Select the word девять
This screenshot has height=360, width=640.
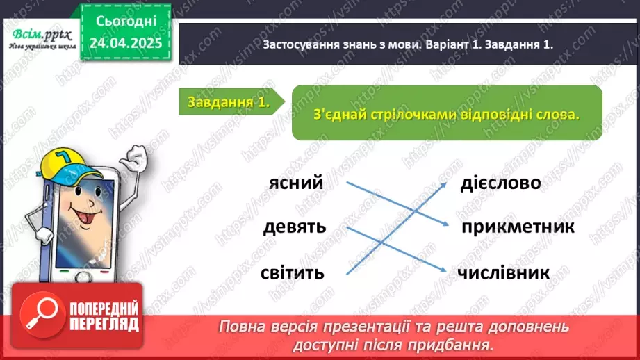pyautogui.click(x=295, y=227)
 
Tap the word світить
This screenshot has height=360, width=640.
pyautogui.click(x=293, y=272)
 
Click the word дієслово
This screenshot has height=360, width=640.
pyautogui.click(x=500, y=183)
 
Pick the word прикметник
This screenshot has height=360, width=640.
pyautogui.click(x=517, y=227)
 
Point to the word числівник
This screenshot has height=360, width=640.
pyautogui.click(x=504, y=272)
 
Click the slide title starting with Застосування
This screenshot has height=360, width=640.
pyautogui.click(x=409, y=44)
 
